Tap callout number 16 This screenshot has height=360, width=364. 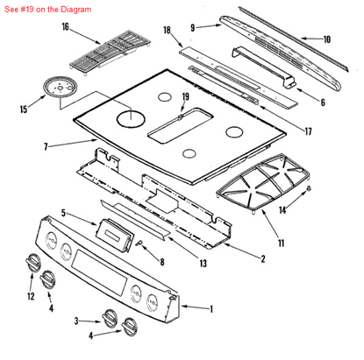pos(65,27)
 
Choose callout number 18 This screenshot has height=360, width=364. pos(167,31)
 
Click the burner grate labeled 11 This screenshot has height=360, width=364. pos(261,186)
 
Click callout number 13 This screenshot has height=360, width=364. pos(202,264)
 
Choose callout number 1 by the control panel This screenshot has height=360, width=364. pos(209,308)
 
